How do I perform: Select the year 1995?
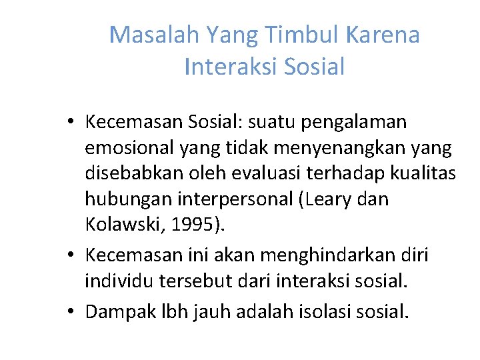193,225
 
